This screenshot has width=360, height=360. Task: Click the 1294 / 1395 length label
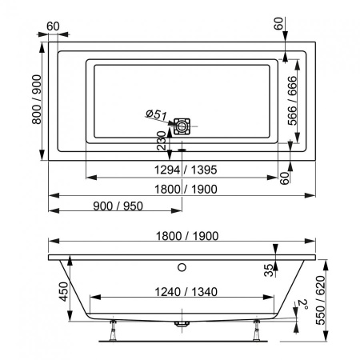(x=184, y=170)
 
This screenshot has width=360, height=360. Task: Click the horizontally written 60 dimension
(x=54, y=25)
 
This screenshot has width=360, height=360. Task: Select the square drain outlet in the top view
(x=184, y=126)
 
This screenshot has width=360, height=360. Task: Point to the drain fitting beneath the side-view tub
(x=182, y=323)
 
